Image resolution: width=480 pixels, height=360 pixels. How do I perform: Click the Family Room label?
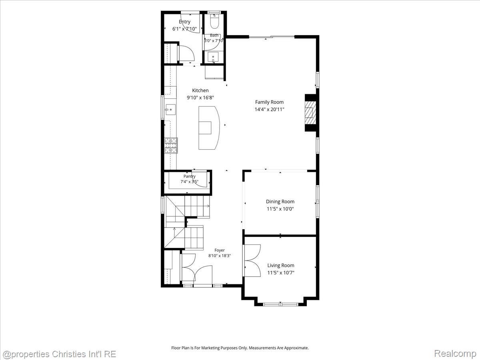pyautogui.click(x=269, y=102)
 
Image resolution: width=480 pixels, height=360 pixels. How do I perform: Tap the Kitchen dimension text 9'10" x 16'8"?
pyautogui.click(x=200, y=98)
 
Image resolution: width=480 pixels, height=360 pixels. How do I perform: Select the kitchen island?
pyautogui.click(x=209, y=128)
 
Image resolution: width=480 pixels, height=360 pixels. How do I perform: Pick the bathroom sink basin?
pyautogui.click(x=213, y=58)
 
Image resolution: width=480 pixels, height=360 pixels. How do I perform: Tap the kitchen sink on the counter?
pyautogui.click(x=170, y=109)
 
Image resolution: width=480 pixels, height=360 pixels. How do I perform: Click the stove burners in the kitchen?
pyautogui.click(x=171, y=145)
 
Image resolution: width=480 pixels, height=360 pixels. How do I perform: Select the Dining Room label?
pyautogui.click(x=280, y=202)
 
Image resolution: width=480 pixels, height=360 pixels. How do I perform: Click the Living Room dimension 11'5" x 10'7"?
pyautogui.click(x=281, y=272)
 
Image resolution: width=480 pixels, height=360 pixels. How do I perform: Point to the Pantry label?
pyautogui.click(x=189, y=176)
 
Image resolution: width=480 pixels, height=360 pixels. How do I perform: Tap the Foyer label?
pyautogui.click(x=219, y=250)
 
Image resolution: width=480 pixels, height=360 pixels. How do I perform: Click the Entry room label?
pyautogui.click(x=184, y=22)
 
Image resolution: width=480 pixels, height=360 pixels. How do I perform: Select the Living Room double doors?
pyautogui.click(x=252, y=260)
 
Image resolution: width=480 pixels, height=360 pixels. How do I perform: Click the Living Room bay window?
pyautogui.click(x=280, y=304)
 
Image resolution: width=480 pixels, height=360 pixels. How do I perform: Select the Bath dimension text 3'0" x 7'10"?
pyautogui.click(x=214, y=41)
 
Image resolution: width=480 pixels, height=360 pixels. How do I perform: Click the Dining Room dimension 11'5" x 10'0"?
pyautogui.click(x=280, y=209)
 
